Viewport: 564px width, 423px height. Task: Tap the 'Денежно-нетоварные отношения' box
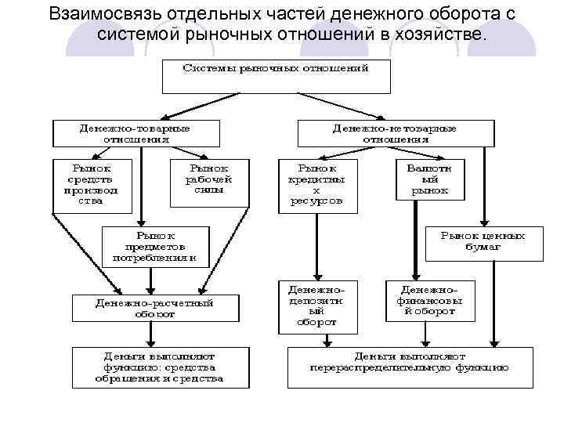tap(396, 133)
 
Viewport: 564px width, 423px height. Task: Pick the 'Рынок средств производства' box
tap(92, 184)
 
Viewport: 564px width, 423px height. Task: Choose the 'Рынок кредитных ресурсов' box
tap(317, 186)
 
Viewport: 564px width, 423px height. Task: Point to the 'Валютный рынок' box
tap(429, 179)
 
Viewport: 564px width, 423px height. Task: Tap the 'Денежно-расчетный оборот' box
tap(155, 308)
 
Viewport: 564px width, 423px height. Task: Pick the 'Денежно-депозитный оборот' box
tap(317, 303)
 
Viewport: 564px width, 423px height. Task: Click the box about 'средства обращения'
tap(161, 367)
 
